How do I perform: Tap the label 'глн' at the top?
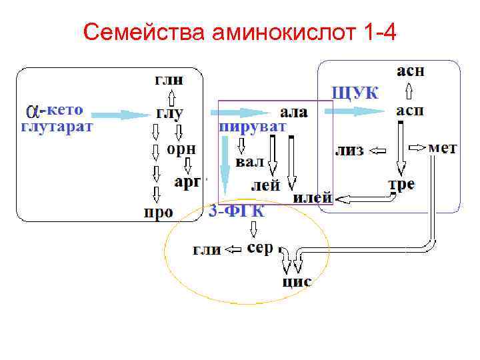(171, 80)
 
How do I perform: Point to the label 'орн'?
(181, 149)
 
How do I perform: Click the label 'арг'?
(187, 181)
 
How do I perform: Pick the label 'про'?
(159, 213)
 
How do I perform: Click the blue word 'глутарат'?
(57, 126)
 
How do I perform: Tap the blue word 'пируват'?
(253, 126)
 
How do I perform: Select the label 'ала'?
(294, 112)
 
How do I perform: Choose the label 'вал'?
(250, 162)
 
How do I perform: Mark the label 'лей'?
(265, 186)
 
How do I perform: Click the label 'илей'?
(312, 198)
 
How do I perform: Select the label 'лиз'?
(349, 150)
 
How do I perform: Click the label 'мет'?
(442, 147)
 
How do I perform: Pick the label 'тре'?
(401, 183)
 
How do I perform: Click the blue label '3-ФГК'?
(237, 212)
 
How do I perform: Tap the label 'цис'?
(297, 281)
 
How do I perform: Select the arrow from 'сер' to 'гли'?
(233, 250)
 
